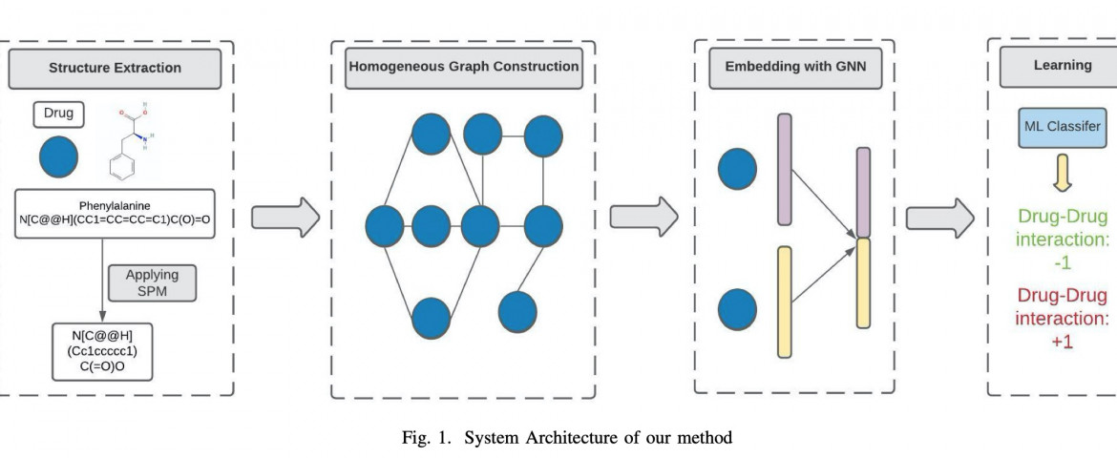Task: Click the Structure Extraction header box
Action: pos(115,69)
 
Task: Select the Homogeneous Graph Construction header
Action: pos(463,68)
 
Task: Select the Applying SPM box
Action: pos(152,281)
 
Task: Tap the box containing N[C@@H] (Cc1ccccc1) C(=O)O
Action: pos(103,349)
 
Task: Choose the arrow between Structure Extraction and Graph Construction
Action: pos(285,217)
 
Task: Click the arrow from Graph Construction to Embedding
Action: pos(643,217)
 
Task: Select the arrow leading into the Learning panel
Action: pos(939,217)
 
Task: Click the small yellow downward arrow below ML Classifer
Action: pos(1063,173)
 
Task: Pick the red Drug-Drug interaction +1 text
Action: pos(1063,318)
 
